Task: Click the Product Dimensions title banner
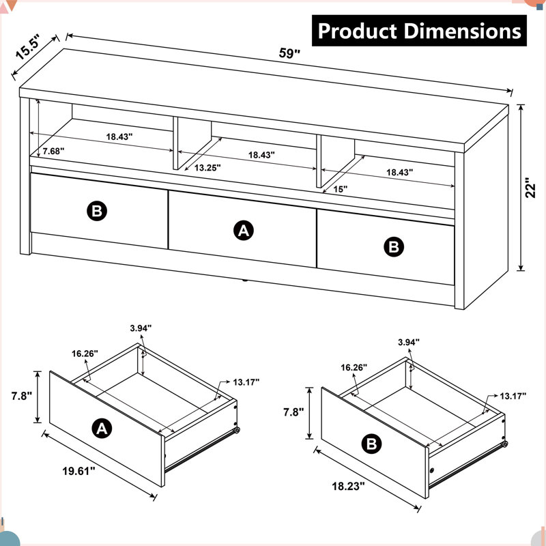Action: pos(419,31)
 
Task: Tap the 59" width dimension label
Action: pos(289,53)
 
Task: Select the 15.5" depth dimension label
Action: pos(27,47)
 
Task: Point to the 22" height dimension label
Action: pos(530,188)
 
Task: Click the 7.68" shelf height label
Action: pos(54,151)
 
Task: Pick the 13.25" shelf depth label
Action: pos(207,168)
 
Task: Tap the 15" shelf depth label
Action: pos(340,189)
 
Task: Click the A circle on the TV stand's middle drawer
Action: pos(244,230)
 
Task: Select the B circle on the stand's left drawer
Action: pos(97,211)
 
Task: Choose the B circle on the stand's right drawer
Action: pos(394,247)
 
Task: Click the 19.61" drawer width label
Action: pos(78,471)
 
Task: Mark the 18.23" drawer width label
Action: pos(348,486)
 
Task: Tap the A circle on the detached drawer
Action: pos(102,429)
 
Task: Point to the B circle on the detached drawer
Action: pos(371,444)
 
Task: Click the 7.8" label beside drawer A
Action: pos(22,396)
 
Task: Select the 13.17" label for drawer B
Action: pos(513,396)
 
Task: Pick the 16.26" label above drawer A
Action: pos(85,354)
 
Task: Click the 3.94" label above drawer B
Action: pos(409,343)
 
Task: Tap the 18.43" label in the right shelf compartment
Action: pos(400,172)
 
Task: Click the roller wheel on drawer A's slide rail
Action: pos(237,431)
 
